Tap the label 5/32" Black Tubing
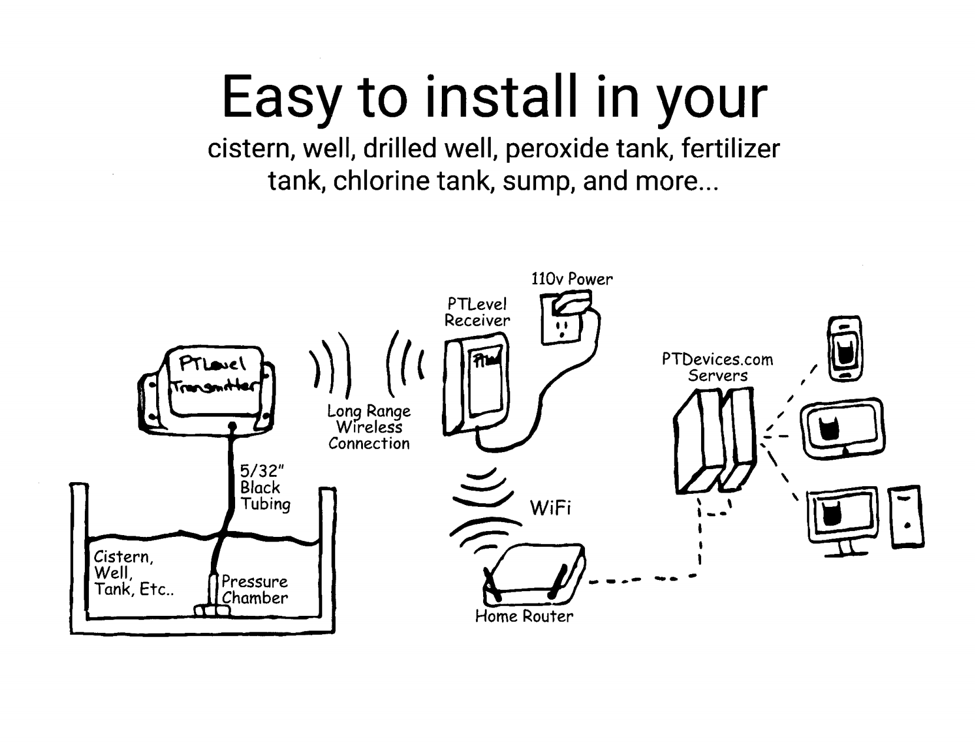click(x=265, y=487)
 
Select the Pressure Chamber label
click(x=255, y=589)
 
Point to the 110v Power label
click(x=571, y=279)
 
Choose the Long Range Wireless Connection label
click(x=369, y=427)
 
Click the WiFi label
click(x=550, y=508)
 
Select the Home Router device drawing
click(x=533, y=575)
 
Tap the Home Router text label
click(x=524, y=616)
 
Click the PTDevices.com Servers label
click(x=717, y=367)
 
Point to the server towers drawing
click(x=714, y=442)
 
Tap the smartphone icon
click(x=844, y=348)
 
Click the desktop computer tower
click(x=906, y=517)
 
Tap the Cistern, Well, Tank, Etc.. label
click(x=133, y=573)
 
